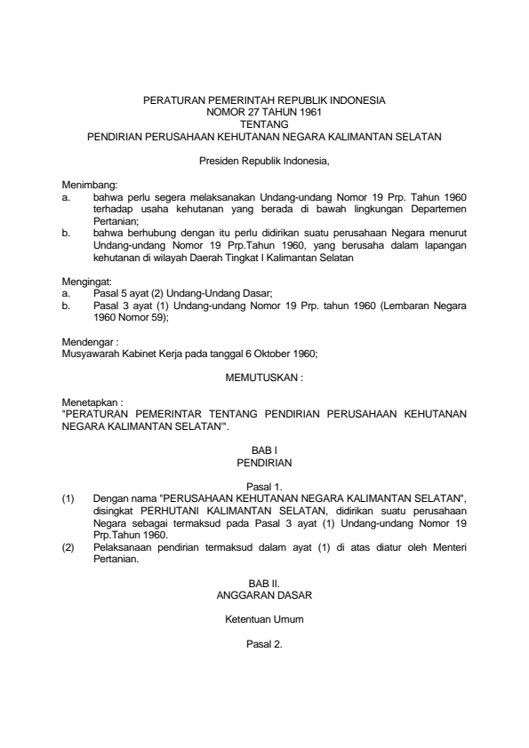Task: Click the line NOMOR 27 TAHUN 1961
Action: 264,113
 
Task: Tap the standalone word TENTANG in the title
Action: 264,124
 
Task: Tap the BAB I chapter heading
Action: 264,451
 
